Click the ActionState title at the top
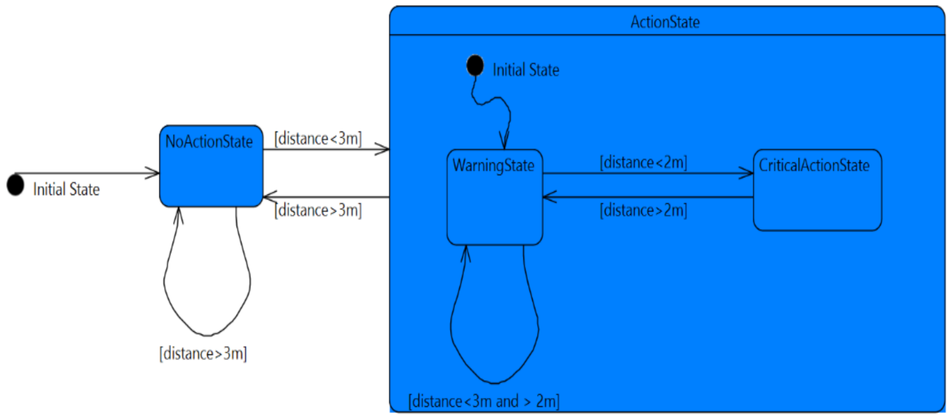pyautogui.click(x=665, y=22)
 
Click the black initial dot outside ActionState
pyautogui.click(x=16, y=185)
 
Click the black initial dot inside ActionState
pyautogui.click(x=475, y=66)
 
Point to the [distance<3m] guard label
pyautogui.click(x=318, y=139)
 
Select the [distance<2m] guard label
pyautogui.click(x=643, y=162)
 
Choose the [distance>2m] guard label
pyautogui.click(x=643, y=210)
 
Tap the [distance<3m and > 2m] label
pyautogui.click(x=484, y=401)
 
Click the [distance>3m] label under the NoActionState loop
pyautogui.click(x=203, y=353)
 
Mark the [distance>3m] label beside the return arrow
pyautogui.click(x=318, y=210)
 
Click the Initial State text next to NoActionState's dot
pyautogui.click(x=66, y=190)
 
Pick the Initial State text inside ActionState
pyautogui.click(x=526, y=70)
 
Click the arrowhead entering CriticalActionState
pyautogui.click(x=748, y=173)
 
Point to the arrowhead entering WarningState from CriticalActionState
pyautogui.click(x=548, y=197)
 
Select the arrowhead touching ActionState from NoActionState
pyautogui.click(x=384, y=149)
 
